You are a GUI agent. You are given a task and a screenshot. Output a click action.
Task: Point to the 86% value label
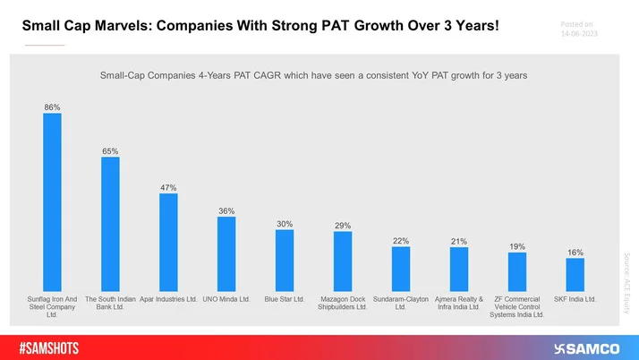pos(52,107)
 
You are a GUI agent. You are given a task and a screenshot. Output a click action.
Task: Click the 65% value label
pos(110,151)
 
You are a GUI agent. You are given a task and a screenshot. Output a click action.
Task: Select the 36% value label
pos(226,210)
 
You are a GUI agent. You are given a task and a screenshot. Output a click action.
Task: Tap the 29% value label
pos(343,226)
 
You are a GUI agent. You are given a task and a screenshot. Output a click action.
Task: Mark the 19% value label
pos(517,246)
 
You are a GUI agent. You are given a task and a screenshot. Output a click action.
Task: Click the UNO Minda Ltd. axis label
pos(226,299)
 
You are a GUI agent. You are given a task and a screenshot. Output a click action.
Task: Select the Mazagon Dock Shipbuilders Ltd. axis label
pos(343,304)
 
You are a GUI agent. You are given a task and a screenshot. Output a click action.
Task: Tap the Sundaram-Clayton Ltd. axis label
pos(400,304)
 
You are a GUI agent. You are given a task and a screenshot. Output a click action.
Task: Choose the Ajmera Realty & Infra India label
pos(458,304)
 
